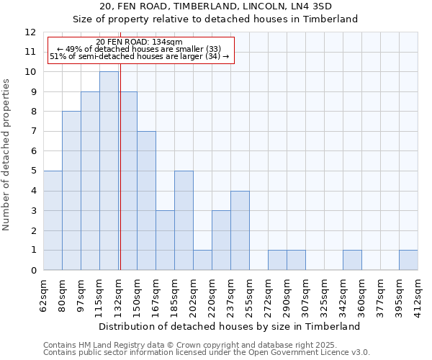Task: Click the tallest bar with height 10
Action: tap(109, 171)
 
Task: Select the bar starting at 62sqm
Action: tap(53, 220)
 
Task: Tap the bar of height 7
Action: tap(146, 201)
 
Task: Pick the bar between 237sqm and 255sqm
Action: tap(240, 230)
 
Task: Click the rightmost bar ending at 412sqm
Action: tap(408, 260)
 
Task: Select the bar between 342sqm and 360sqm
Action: tap(352, 260)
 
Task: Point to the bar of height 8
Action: tap(71, 191)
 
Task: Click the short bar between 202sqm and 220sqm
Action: tap(202, 260)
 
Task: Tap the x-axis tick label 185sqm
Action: tap(175, 294)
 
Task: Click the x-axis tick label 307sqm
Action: tap(306, 294)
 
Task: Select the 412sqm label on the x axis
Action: tap(418, 294)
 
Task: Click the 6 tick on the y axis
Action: tap(32, 151)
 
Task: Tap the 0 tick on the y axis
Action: tap(32, 271)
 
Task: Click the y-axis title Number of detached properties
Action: tap(7, 155)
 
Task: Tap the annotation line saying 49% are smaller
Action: tap(143, 49)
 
